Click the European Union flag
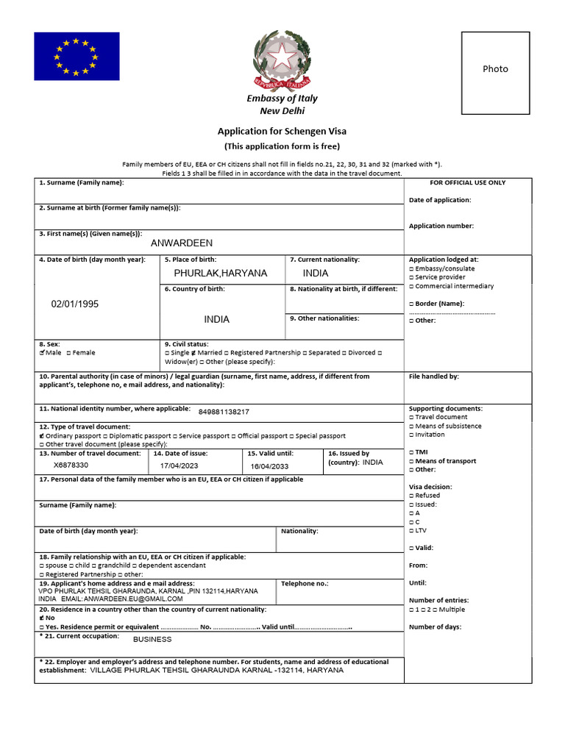tap(77, 56)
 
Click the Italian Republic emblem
tap(282, 60)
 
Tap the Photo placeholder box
tap(495, 69)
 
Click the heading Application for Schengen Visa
tap(282, 131)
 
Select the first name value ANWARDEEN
tap(181, 243)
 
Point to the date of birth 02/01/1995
tap(74, 304)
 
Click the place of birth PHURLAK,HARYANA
tap(221, 273)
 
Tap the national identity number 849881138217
tap(224, 412)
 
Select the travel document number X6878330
tap(71, 465)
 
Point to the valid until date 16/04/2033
tap(269, 466)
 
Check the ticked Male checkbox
tap(42, 353)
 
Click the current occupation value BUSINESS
tap(152, 639)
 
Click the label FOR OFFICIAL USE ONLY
tap(467, 182)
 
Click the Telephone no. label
tap(305, 583)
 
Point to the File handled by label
tap(434, 376)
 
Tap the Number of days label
tap(436, 627)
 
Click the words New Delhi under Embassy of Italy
tap(282, 111)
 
